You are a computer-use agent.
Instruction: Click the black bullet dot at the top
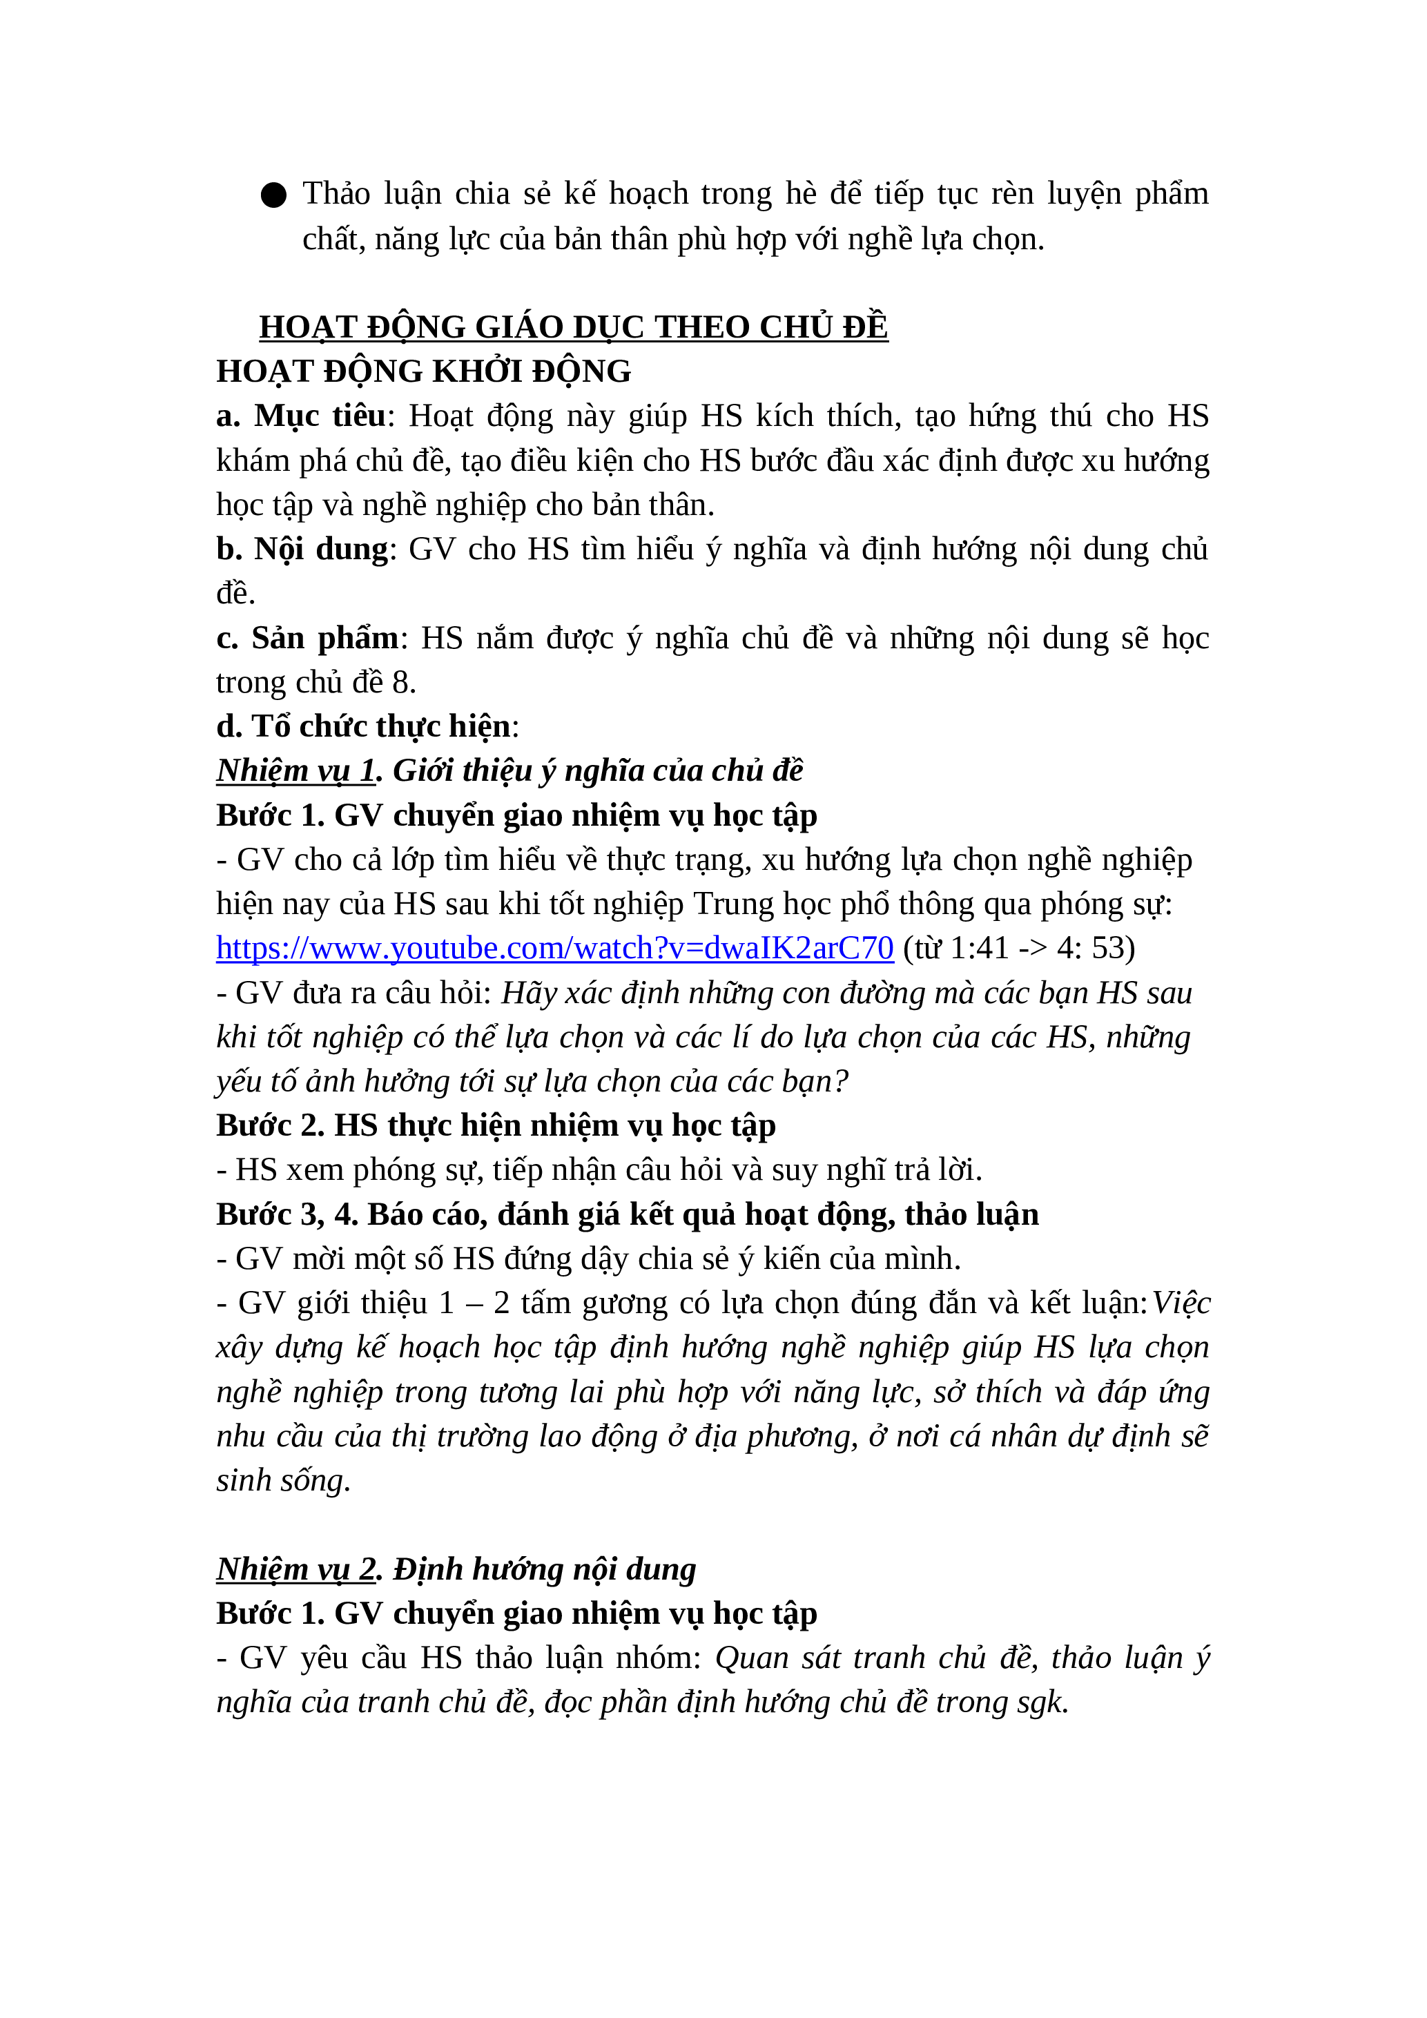click(x=273, y=195)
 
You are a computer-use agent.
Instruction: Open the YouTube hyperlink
click(x=554, y=949)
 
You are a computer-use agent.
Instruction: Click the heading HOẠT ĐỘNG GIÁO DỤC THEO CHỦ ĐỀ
click(x=573, y=327)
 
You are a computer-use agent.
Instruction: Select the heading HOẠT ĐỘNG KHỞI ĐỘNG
click(x=423, y=372)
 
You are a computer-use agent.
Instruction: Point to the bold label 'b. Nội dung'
click(x=302, y=550)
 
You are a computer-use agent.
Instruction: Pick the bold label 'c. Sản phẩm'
click(x=307, y=638)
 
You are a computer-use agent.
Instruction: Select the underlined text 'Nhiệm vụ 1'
click(x=295, y=770)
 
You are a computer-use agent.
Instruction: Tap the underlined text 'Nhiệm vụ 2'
click(x=296, y=1569)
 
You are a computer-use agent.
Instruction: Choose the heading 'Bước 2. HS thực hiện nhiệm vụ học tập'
click(x=496, y=1126)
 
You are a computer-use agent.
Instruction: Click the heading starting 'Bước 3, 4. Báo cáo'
click(x=626, y=1214)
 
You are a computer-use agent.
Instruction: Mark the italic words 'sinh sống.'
click(x=283, y=1481)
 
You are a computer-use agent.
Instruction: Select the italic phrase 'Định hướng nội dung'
click(x=544, y=1569)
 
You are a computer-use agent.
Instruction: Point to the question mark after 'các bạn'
click(x=841, y=1082)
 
